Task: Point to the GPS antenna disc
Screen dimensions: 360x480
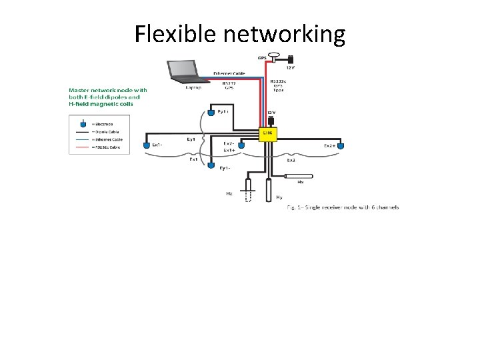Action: pyautogui.click(x=273, y=56)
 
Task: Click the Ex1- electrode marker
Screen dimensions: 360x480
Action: pyautogui.click(x=147, y=144)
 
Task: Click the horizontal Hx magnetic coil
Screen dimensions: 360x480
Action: pyautogui.click(x=302, y=177)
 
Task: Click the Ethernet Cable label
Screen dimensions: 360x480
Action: pyautogui.click(x=229, y=73)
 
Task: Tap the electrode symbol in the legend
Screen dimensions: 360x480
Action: pyautogui.click(x=83, y=123)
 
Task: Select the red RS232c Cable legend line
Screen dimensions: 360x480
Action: pyautogui.click(x=83, y=147)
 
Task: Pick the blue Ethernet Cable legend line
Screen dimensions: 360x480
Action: pyautogui.click(x=83, y=139)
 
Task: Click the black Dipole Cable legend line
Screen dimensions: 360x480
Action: pyautogui.click(x=83, y=132)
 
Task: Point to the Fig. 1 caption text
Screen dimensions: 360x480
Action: pyautogui.click(x=343, y=207)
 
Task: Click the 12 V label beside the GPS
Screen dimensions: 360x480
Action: pyautogui.click(x=291, y=67)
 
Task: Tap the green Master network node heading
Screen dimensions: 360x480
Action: pyautogui.click(x=107, y=97)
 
